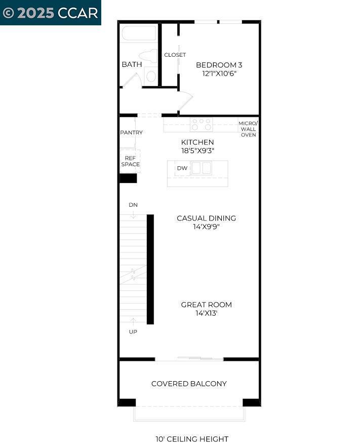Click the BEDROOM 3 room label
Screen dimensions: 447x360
click(x=219, y=65)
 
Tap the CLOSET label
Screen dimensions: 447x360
click(x=175, y=55)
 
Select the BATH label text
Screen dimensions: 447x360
click(x=132, y=64)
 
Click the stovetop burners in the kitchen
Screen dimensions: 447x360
click(x=201, y=124)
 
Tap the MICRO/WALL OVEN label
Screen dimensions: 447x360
click(x=248, y=129)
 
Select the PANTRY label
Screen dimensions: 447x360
click(x=131, y=133)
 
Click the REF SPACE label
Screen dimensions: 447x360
click(x=130, y=161)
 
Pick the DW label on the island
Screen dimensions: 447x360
click(x=182, y=168)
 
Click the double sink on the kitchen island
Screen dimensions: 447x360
click(x=201, y=168)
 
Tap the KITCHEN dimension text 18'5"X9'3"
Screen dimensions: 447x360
click(x=197, y=151)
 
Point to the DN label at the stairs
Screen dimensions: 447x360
click(x=133, y=205)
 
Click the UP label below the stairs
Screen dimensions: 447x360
click(x=133, y=332)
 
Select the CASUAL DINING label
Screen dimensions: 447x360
click(x=206, y=218)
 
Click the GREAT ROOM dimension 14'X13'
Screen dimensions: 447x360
click(x=206, y=313)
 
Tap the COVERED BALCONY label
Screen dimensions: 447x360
click(x=189, y=384)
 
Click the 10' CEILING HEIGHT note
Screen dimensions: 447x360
click(x=192, y=439)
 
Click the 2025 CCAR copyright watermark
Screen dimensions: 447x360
click(x=50, y=13)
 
